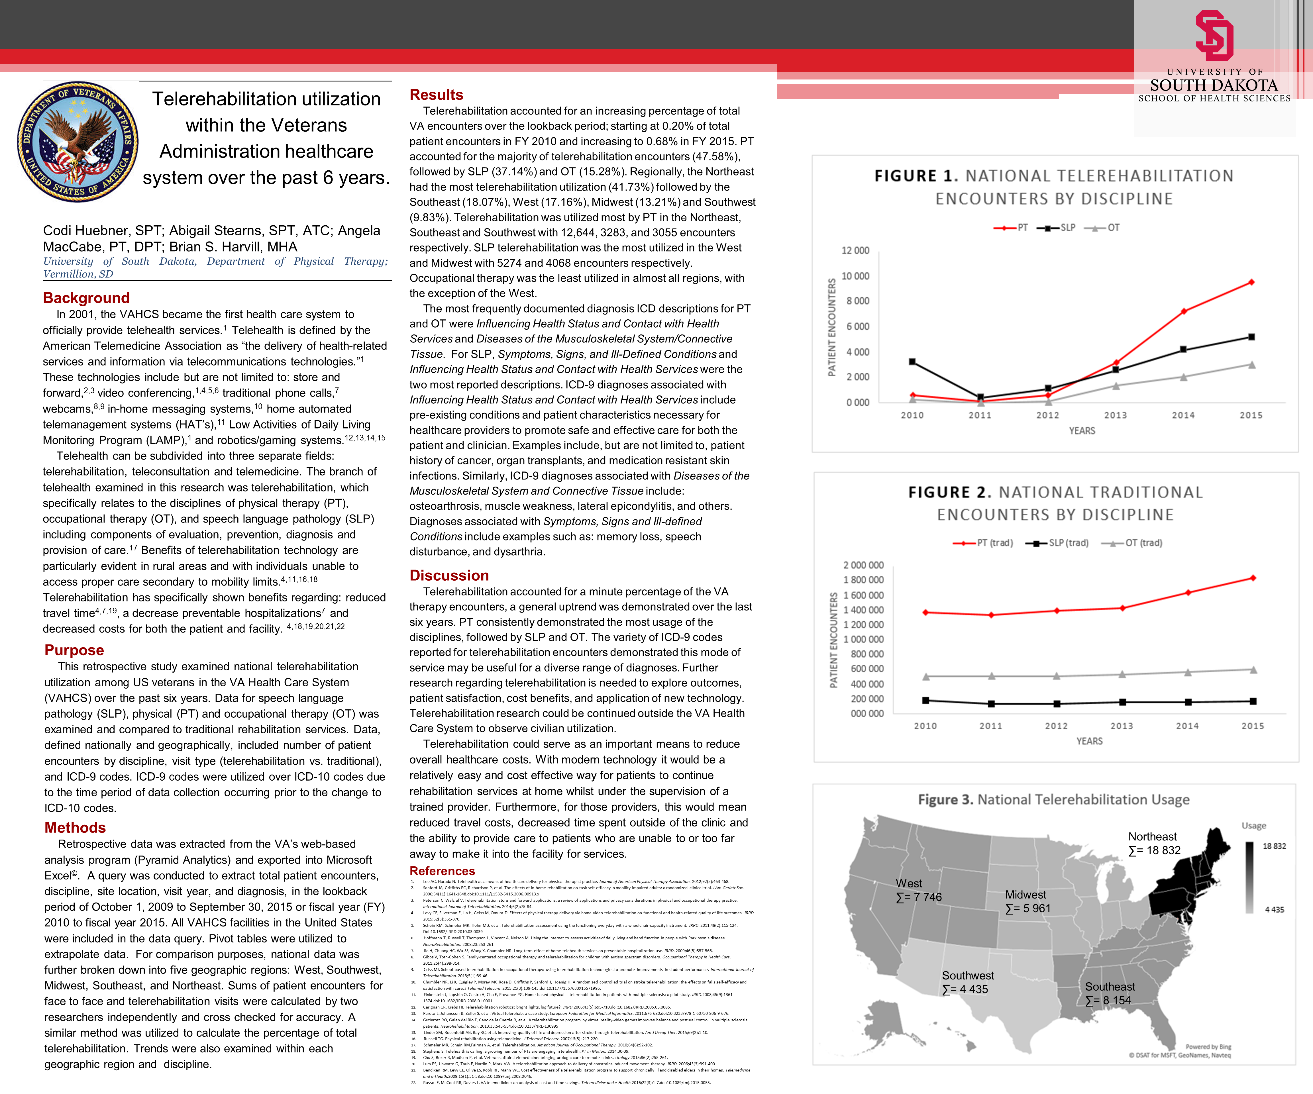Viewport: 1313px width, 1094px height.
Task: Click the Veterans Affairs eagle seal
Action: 78,141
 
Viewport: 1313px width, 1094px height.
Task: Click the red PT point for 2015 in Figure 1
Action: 1251,282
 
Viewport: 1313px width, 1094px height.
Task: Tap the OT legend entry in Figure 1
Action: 1107,228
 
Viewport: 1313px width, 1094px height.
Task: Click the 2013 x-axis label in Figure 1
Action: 1116,415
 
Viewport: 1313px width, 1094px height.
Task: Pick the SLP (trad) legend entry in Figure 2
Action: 1063,543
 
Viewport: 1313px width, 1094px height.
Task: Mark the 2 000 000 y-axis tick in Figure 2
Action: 863,565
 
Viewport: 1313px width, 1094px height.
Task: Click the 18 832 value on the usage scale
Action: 1274,846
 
